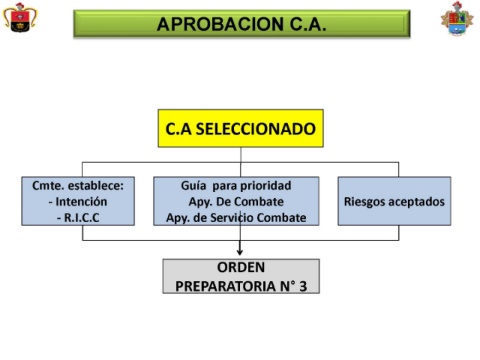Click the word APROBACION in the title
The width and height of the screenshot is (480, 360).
coord(220,24)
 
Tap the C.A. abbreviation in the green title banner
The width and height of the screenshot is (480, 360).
coord(308,24)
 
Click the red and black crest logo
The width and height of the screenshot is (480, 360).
coord(20,18)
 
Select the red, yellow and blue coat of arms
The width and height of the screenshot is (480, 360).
coord(457,19)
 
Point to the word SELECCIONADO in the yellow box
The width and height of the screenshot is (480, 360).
coord(255,129)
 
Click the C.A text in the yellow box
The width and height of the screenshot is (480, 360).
coord(179,129)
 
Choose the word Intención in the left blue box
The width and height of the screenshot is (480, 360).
coord(81,202)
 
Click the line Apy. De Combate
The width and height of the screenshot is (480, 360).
coord(236,202)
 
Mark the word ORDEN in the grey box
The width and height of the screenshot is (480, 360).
coord(241,267)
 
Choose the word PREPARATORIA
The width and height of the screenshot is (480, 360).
coord(226,286)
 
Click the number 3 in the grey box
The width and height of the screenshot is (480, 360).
coord(303,286)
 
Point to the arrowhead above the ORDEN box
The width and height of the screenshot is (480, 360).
coord(240,252)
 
